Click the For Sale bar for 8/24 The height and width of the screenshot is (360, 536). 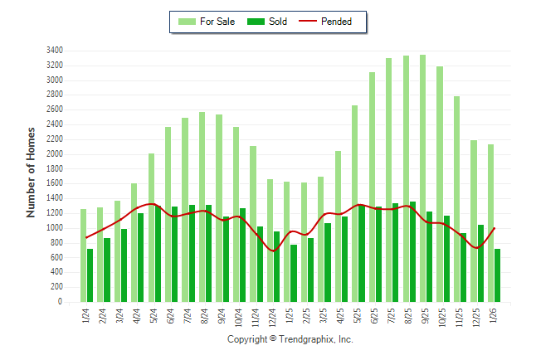[x=202, y=207]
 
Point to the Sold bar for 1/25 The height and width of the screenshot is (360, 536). [x=294, y=274]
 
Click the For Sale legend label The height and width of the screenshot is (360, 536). [x=217, y=22]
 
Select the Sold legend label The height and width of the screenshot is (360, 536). [x=278, y=22]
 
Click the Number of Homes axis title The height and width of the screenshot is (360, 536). [x=31, y=172]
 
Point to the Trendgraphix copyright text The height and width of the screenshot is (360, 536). [x=290, y=339]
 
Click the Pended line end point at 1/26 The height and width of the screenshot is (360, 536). [x=495, y=228]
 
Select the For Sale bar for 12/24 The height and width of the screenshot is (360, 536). [x=270, y=241]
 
